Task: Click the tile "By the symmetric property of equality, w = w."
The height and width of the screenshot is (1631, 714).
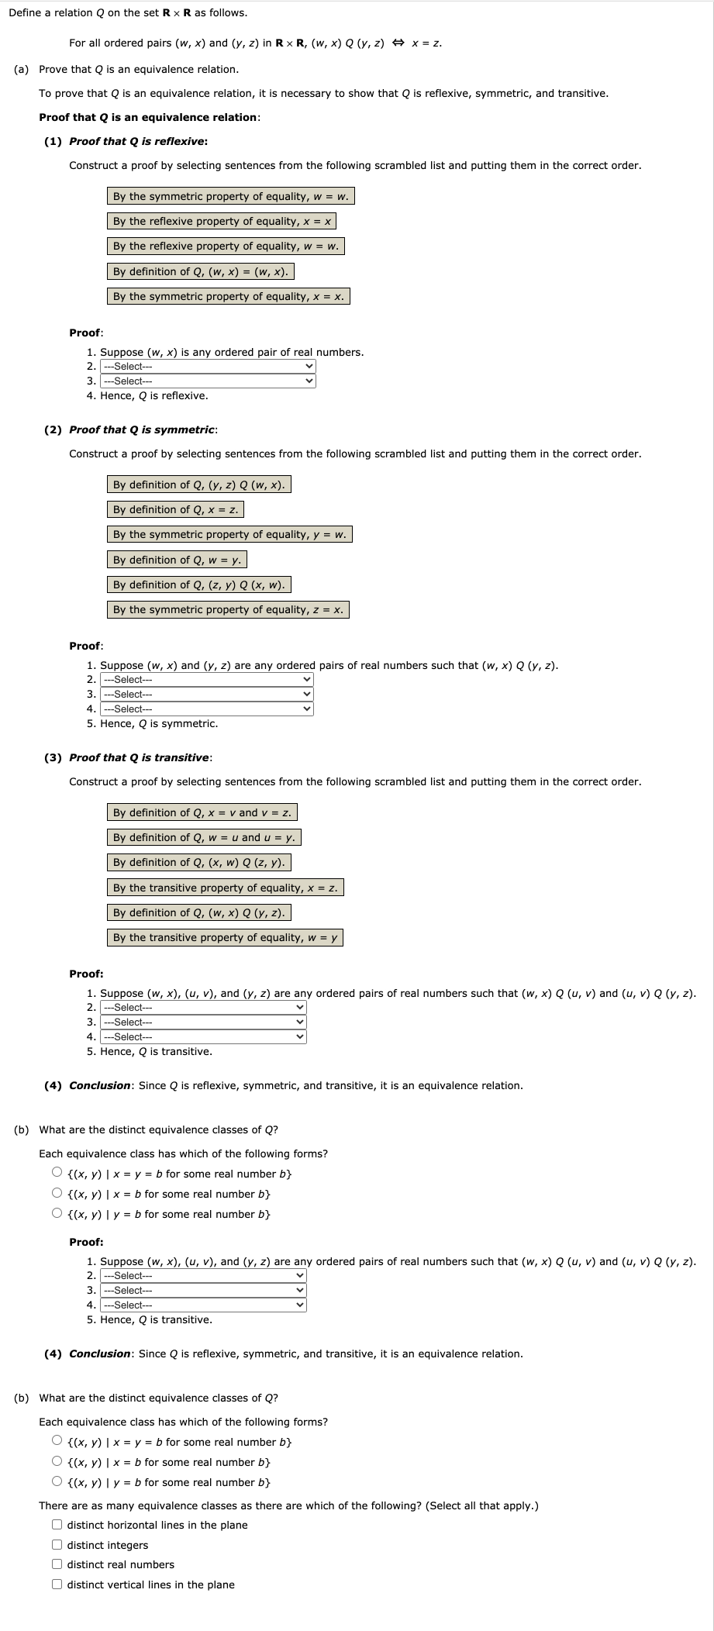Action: click(230, 196)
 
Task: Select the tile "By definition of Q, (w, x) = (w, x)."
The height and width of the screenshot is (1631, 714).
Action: click(200, 271)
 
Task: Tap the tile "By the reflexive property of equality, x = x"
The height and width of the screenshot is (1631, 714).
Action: click(222, 221)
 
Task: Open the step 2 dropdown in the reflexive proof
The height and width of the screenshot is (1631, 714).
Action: click(209, 367)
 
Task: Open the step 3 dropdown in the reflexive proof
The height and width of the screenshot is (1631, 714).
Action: click(209, 381)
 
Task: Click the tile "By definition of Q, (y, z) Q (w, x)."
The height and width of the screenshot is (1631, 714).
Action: click(198, 484)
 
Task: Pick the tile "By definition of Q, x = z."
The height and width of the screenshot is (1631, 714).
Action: click(175, 509)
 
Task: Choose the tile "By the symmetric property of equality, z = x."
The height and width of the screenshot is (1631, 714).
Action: click(228, 609)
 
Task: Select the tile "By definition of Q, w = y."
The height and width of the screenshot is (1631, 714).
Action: click(177, 560)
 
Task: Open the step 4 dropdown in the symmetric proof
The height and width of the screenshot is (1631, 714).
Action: click(207, 709)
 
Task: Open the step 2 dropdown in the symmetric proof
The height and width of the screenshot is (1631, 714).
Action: click(207, 680)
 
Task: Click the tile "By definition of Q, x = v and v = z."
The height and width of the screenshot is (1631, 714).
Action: click(202, 812)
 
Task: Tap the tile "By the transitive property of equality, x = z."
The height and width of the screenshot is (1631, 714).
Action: click(225, 888)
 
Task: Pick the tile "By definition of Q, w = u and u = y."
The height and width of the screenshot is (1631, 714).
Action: click(204, 837)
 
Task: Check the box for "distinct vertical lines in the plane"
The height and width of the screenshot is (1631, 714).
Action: click(57, 1584)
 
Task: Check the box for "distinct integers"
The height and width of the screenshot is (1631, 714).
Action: click(57, 1545)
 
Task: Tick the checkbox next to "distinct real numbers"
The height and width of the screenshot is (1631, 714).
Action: click(57, 1564)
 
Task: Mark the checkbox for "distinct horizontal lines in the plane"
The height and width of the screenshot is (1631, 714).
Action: click(57, 1525)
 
